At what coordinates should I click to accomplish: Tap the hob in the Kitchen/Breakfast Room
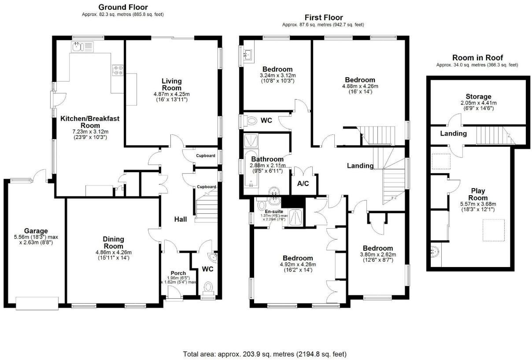(x=118, y=71)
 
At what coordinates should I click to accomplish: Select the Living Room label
(x=171, y=84)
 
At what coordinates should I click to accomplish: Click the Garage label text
(x=36, y=230)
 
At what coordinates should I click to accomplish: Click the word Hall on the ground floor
(x=181, y=219)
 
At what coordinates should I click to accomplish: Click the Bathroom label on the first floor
(x=267, y=159)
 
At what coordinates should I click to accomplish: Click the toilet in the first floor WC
(x=251, y=120)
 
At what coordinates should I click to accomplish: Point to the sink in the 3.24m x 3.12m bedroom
(x=247, y=55)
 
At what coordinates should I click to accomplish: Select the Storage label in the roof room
(x=478, y=96)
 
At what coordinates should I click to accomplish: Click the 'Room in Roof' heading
(x=477, y=58)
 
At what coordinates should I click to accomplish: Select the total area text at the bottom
(x=265, y=354)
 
